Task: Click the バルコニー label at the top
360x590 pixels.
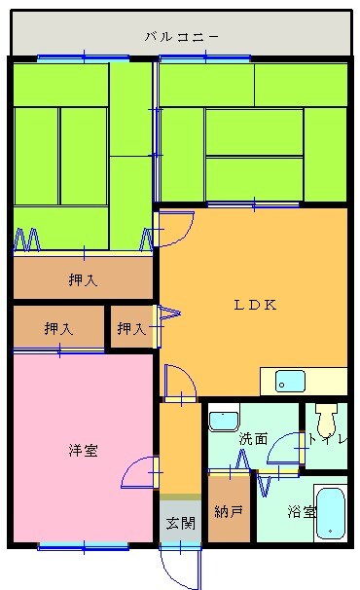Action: [181, 37]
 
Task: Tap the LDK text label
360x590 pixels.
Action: [255, 304]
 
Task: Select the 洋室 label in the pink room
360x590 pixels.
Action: [82, 450]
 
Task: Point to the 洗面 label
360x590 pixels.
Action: [253, 438]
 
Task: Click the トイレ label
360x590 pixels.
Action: [324, 439]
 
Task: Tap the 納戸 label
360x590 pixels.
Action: [229, 510]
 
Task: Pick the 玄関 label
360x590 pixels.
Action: [180, 523]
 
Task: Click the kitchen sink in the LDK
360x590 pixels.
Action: [289, 381]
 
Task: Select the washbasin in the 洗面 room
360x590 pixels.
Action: [224, 420]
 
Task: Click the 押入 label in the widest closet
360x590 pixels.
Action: [83, 281]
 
